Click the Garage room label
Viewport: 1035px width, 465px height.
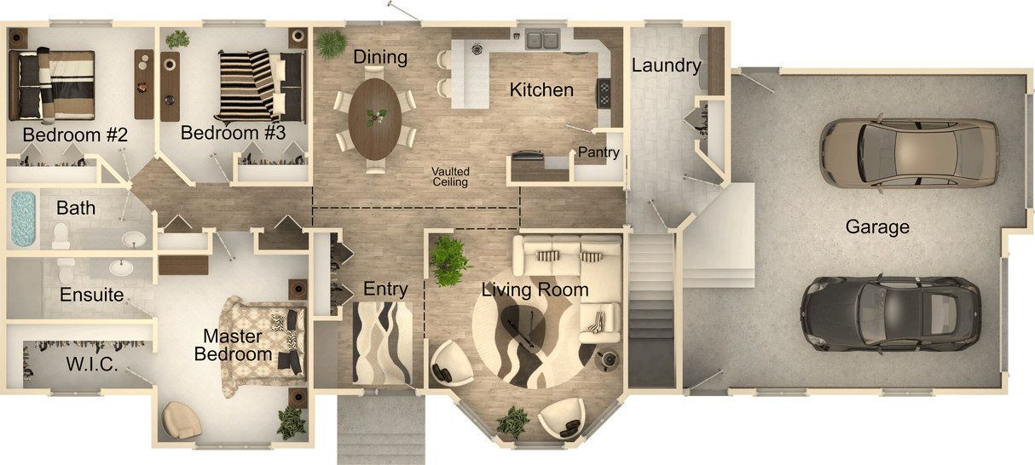[877, 227]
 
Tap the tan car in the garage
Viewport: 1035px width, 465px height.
[908, 152]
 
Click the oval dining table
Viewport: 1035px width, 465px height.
[375, 118]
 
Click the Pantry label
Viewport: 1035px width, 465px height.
[598, 152]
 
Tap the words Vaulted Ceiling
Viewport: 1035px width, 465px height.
[450, 176]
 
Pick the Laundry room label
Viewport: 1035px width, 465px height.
[666, 66]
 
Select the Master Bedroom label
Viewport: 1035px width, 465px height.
[232, 345]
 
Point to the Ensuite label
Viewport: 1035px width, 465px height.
[92, 296]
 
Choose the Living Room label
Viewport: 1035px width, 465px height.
[535, 290]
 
